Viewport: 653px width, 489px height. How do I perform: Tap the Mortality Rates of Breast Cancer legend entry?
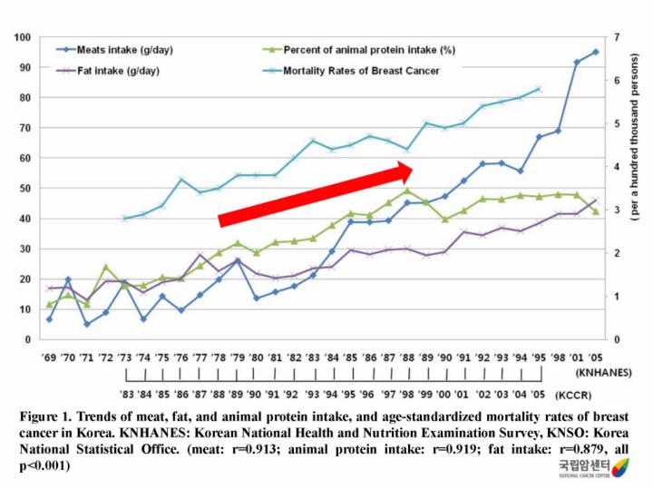[361, 70]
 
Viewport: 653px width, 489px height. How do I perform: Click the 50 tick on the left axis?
[25, 188]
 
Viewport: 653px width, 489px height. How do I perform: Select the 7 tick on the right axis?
[615, 38]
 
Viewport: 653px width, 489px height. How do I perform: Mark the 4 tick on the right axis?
[615, 167]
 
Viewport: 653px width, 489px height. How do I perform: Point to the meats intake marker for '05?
[596, 52]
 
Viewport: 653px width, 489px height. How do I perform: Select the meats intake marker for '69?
[49, 319]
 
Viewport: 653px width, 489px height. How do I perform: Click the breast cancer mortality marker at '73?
[124, 219]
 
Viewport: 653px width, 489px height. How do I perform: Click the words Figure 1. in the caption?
[44, 416]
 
